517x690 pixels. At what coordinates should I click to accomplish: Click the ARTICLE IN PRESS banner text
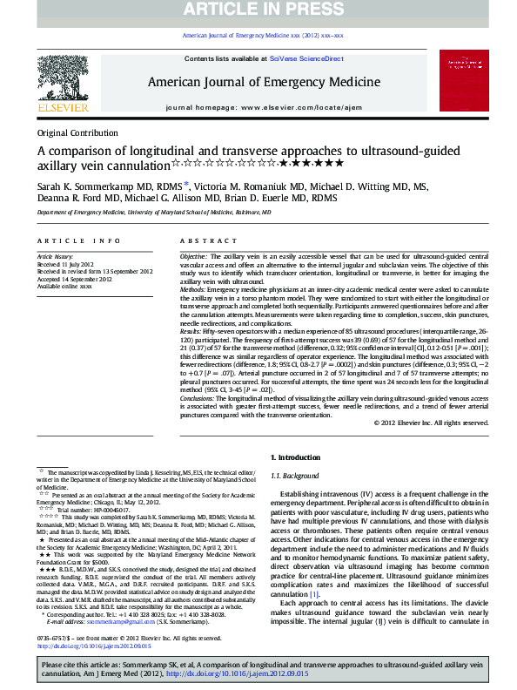[258, 10]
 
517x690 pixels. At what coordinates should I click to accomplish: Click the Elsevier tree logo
[63, 81]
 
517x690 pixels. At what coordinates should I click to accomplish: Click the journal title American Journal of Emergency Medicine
[263, 82]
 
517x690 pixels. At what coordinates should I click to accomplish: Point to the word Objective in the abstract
[193, 258]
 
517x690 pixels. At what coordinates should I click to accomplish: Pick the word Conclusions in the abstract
[198, 397]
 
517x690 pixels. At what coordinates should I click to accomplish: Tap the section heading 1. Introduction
[298, 457]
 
